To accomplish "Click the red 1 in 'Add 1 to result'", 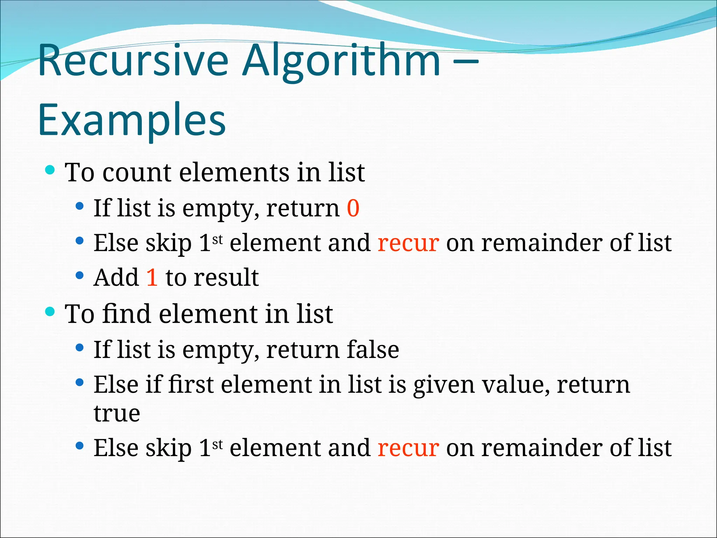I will click(152, 278).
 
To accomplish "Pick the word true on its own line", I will click(117, 414).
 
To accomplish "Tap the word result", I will click(226, 278).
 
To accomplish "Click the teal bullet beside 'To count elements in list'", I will click(50, 170).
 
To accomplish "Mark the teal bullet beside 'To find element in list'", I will click(50, 311).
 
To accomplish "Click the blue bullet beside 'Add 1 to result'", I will click(80, 276).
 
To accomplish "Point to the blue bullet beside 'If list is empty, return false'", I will click(80, 347).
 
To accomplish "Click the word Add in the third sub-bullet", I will click(116, 278).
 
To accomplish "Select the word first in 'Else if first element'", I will click(191, 385).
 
